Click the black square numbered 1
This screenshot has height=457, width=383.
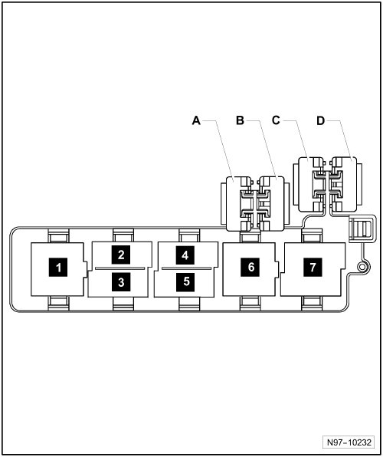click(58, 267)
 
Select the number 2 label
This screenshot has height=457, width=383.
click(121, 255)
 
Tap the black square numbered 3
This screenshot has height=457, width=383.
click(121, 282)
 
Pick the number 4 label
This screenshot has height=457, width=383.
click(185, 255)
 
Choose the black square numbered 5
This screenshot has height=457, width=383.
click(185, 282)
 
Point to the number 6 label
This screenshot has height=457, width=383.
click(250, 267)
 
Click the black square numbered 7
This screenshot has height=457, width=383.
click(313, 267)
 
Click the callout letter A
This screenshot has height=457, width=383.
click(196, 120)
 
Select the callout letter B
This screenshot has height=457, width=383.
click(240, 120)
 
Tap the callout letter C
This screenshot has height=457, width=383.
click(276, 120)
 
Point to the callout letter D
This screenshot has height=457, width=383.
click(320, 120)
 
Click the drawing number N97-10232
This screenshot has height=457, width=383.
click(349, 442)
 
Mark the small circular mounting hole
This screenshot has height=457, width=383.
click(362, 267)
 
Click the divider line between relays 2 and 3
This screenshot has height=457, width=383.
click(120, 268)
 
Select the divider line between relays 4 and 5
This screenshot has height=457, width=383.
click(186, 268)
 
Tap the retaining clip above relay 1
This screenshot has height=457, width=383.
click(58, 235)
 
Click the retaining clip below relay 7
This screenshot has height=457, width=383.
click(312, 304)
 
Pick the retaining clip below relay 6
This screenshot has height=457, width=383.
click(250, 304)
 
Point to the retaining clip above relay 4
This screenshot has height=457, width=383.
click(189, 235)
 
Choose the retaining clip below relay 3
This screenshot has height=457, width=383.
click(123, 304)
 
